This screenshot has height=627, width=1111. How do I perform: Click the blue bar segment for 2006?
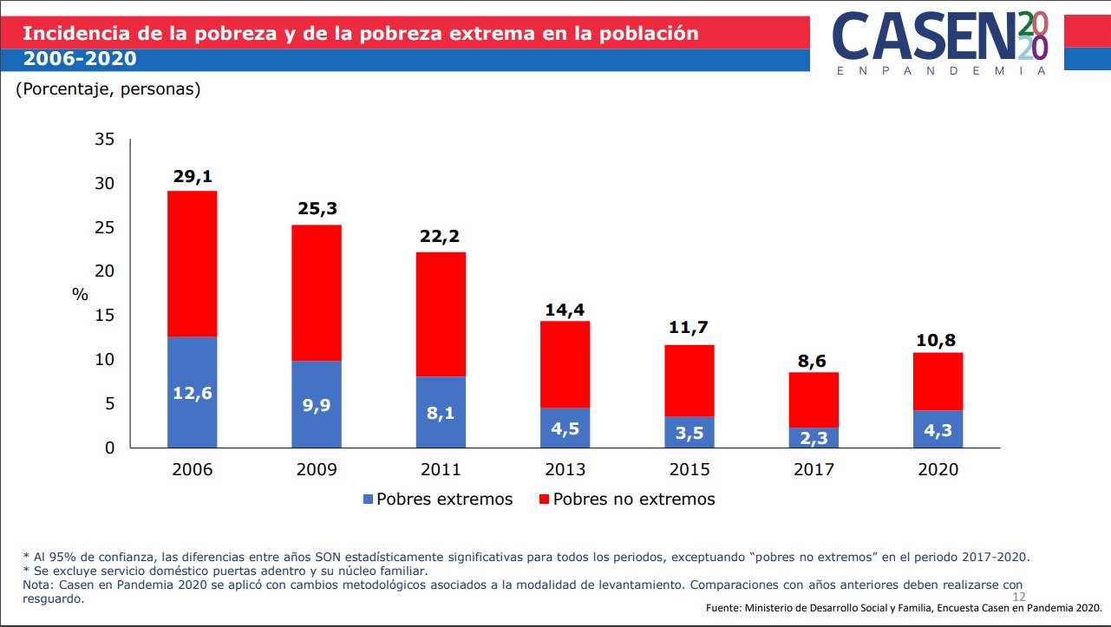tap(192, 392)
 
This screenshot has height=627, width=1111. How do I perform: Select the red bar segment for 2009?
tap(317, 292)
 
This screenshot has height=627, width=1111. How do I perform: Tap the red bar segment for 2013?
tap(565, 364)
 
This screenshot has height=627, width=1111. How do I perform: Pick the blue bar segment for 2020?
tap(938, 428)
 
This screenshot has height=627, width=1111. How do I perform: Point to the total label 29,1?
tap(192, 177)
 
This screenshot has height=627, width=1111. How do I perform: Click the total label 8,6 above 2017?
tap(813, 362)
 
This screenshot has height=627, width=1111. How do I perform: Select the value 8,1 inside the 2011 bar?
tap(441, 413)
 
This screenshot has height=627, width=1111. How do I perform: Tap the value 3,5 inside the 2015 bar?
tap(689, 433)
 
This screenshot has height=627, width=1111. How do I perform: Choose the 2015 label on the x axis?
tap(689, 470)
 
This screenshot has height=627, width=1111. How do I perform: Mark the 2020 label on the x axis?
tap(938, 470)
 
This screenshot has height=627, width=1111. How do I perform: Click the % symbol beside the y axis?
tap(80, 294)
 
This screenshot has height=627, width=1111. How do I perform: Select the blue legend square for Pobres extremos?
tap(369, 500)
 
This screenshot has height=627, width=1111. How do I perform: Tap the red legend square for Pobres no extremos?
tap(545, 500)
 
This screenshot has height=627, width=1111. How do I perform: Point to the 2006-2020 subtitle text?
tap(79, 59)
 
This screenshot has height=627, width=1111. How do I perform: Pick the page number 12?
tap(1018, 598)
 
